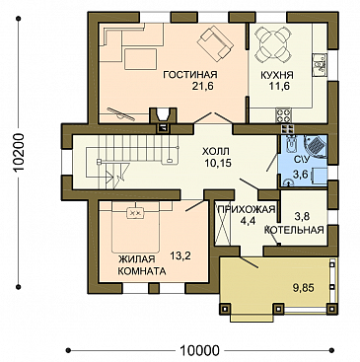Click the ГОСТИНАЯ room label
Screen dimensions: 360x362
pyautogui.click(x=190, y=75)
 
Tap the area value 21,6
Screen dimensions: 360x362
pyautogui.click(x=202, y=87)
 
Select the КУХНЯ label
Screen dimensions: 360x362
pyautogui.click(x=277, y=75)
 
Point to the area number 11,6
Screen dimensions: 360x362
pyautogui.click(x=278, y=87)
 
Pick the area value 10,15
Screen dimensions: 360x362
pyautogui.click(x=216, y=163)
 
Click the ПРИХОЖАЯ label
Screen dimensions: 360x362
pyautogui.click(x=246, y=209)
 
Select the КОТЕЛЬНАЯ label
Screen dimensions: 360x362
pyautogui.click(x=295, y=230)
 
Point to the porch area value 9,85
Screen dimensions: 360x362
pyautogui.click(x=303, y=288)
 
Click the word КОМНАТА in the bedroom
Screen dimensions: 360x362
pyautogui.click(x=141, y=271)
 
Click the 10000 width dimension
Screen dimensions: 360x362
pyautogui.click(x=199, y=351)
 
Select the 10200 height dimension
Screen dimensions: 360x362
pyautogui.click(x=20, y=153)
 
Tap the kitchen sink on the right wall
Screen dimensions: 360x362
pyautogui.click(x=320, y=65)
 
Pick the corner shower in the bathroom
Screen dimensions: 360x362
pyautogui.click(x=316, y=147)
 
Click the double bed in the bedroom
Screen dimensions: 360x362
pyautogui.click(x=136, y=227)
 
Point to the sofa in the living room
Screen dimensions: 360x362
pyautogui.click(x=215, y=44)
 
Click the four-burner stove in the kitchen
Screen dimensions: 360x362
pyautogui.click(x=283, y=115)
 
